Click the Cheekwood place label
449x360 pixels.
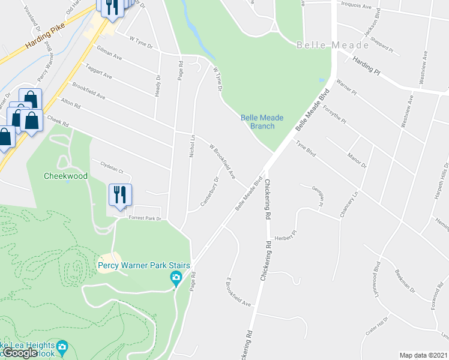click(66, 176)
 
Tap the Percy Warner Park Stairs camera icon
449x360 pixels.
click(176, 277)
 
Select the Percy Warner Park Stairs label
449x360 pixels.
click(144, 265)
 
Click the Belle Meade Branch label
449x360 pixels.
click(262, 122)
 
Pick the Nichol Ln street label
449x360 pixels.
click(193, 146)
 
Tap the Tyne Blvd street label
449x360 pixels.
click(306, 148)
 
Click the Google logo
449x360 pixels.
click(20, 353)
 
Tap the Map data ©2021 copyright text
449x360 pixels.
click(424, 355)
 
